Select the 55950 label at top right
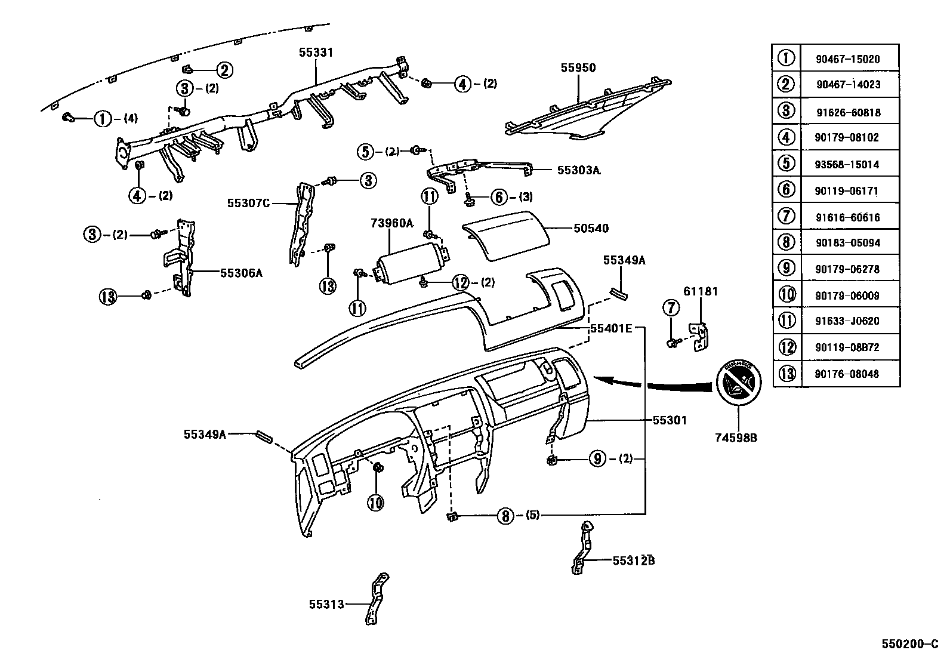tap(578, 68)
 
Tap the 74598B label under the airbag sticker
tap(736, 438)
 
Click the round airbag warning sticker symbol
tap(738, 382)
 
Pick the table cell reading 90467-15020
tap(847, 59)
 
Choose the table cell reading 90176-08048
tap(847, 374)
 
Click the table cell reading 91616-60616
tap(847, 217)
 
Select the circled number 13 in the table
tap(787, 374)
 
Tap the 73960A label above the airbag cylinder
tap(391, 223)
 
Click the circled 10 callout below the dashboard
tap(375, 503)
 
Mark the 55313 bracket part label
tap(326, 604)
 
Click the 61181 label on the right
tap(701, 291)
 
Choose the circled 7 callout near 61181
tap(671, 308)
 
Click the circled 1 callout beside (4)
tap(103, 119)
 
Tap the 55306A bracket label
tap(241, 273)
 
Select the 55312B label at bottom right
tap(633, 560)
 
